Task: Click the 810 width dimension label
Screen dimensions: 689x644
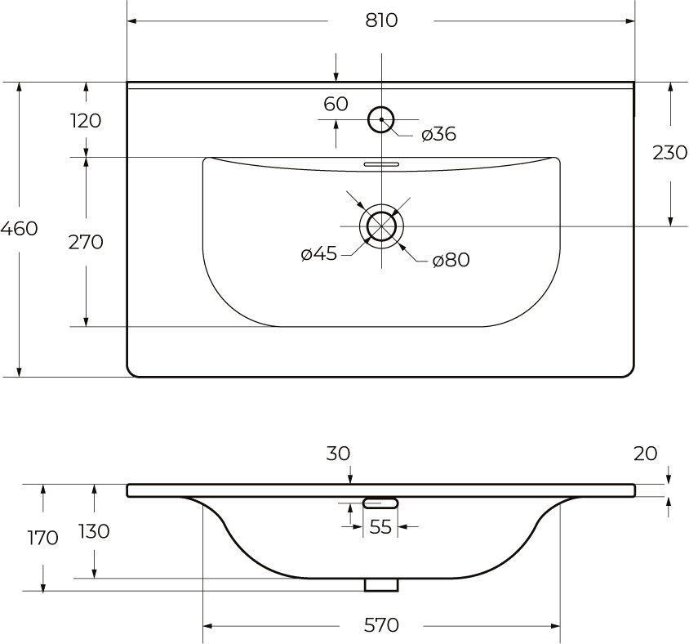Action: [x=381, y=20]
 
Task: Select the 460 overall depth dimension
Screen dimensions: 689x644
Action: [x=19, y=228]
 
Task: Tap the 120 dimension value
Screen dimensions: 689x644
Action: [x=86, y=120]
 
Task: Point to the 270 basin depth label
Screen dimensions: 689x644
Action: [x=86, y=242]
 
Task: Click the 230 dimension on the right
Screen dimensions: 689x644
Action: [x=669, y=153]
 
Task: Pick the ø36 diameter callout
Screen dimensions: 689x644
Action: [x=438, y=134]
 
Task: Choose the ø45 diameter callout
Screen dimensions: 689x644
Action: [x=319, y=254]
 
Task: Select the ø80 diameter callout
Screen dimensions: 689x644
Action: [x=451, y=260]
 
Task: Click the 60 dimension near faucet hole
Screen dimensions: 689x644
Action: [x=336, y=105]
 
